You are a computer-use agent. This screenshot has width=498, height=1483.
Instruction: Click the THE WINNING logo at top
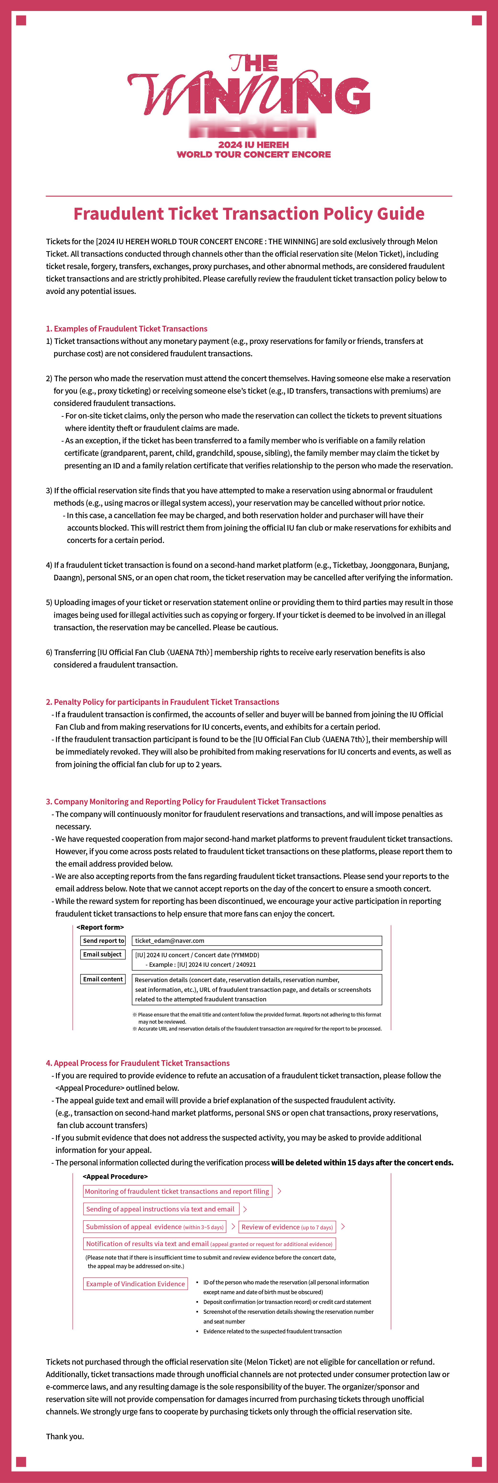(x=249, y=92)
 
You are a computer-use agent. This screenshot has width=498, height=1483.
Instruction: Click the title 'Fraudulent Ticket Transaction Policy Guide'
(x=249, y=214)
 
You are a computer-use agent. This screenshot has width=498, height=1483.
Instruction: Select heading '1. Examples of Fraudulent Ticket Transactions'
(x=127, y=329)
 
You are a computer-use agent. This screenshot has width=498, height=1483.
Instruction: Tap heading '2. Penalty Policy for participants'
(x=162, y=702)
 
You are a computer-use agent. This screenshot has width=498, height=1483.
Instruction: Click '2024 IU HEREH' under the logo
(x=253, y=145)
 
